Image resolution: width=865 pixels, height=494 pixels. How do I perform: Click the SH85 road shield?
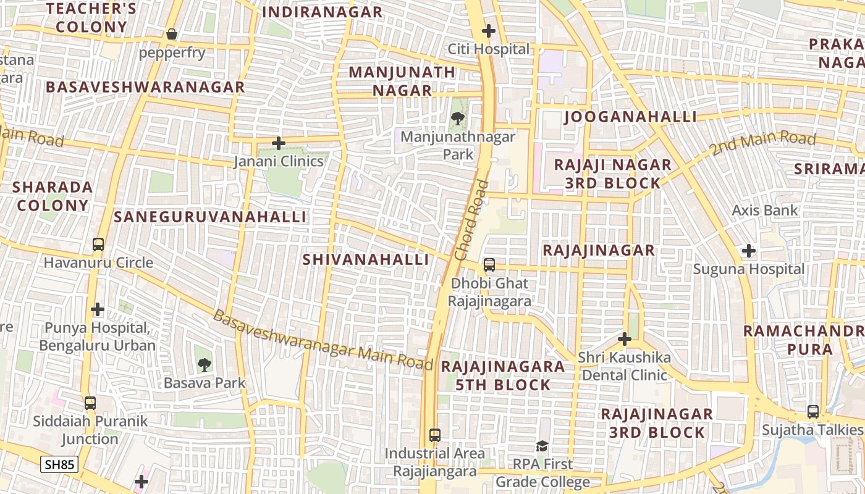coord(59,464)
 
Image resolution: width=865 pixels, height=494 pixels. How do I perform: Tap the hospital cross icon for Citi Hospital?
coord(489,30)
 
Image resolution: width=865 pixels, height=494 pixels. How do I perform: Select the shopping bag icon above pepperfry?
coord(172,34)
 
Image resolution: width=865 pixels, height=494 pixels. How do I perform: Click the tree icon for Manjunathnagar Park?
coord(457,118)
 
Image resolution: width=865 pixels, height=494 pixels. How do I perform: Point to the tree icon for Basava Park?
coord(204,365)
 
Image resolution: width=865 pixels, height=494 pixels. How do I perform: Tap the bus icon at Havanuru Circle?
coord(98,245)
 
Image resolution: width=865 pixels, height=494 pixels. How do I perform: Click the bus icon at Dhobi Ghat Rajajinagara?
coord(489,265)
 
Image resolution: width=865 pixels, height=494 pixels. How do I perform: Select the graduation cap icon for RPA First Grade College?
coord(542,446)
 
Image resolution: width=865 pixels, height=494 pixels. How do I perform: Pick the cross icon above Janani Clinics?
coord(279,143)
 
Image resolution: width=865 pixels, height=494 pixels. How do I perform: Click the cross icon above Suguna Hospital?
coord(749,251)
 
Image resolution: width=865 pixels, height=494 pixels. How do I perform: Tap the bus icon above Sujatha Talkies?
coord(813,411)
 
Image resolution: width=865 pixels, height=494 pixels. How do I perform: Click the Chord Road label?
coord(471,220)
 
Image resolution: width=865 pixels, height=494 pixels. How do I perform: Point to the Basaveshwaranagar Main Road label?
coord(323,340)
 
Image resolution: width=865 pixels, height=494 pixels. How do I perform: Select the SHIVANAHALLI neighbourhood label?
coord(366,259)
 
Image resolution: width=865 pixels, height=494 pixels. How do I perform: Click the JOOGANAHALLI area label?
coord(631,117)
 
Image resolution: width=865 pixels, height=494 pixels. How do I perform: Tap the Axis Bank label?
coord(765,211)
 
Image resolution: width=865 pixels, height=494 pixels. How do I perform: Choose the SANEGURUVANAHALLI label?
coord(210,217)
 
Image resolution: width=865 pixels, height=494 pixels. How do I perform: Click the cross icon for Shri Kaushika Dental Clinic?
coord(625,339)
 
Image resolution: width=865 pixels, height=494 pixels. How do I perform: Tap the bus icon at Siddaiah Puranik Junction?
coord(90,403)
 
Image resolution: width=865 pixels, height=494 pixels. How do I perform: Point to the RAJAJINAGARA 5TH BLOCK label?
coord(503,375)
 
